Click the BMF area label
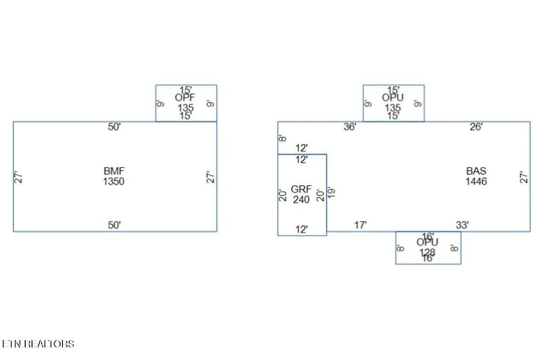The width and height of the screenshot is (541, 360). [114, 171]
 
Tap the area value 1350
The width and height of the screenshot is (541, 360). [114, 182]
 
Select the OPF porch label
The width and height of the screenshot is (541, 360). [185, 98]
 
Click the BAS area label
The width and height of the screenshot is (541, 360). [476, 171]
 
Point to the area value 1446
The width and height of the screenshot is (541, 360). [476, 182]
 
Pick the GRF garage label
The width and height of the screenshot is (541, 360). [301, 189]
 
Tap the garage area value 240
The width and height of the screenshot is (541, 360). [301, 199]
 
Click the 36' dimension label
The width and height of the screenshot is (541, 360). [350, 127]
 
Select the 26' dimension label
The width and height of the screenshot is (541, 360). [476, 127]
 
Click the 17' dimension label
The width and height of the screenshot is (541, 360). [361, 225]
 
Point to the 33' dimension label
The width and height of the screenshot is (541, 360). [462, 225]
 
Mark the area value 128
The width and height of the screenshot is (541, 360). [428, 252]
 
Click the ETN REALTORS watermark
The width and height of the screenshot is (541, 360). [38, 344]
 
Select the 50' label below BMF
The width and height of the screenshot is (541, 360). [114, 225]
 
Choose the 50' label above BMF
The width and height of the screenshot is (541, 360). [114, 127]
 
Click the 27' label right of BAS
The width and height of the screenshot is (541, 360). [524, 177]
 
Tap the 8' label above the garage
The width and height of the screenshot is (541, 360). [283, 138]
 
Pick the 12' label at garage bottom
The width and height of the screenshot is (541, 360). [302, 230]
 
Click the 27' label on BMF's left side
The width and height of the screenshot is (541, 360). [18, 177]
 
